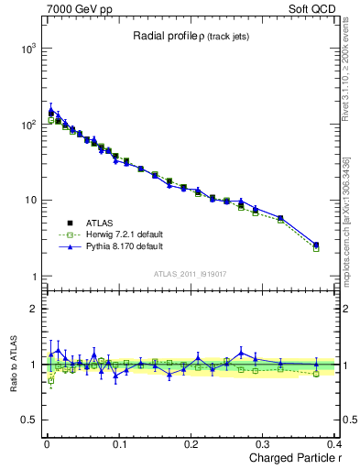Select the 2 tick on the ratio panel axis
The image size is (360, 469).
[32, 309]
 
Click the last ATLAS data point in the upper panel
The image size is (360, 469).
[316, 245]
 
